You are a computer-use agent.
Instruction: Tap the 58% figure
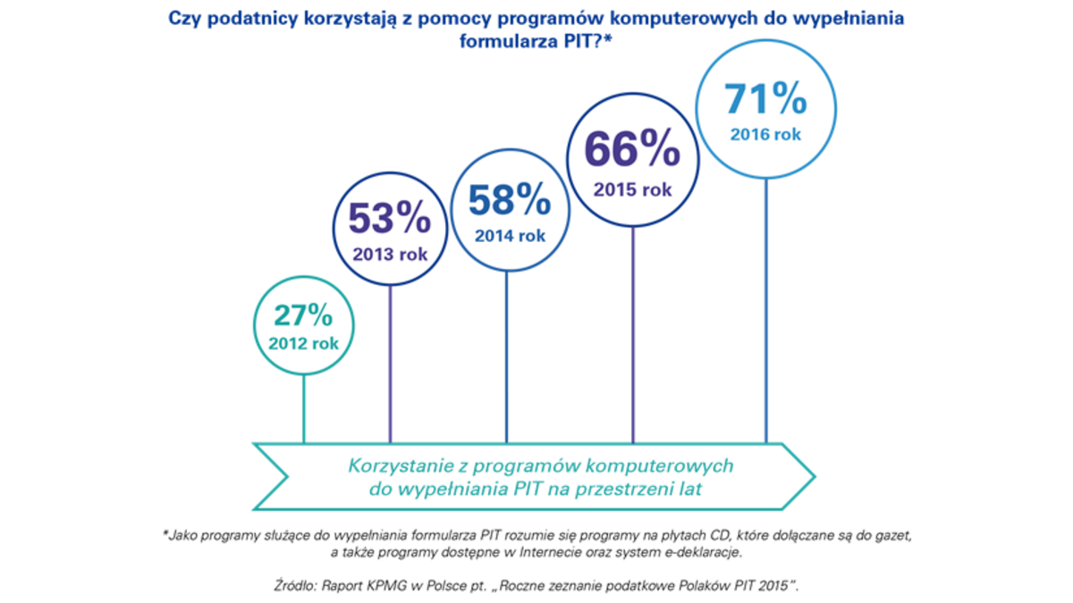tap(509, 202)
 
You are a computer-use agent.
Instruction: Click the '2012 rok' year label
tap(304, 344)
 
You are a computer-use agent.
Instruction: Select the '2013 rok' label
tap(389, 254)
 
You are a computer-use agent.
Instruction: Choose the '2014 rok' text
tap(508, 237)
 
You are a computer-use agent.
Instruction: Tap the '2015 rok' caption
tap(633, 189)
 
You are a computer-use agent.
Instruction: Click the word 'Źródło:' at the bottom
tap(304, 588)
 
